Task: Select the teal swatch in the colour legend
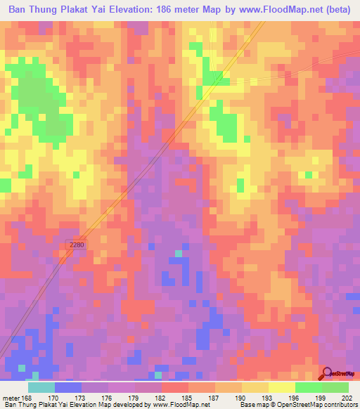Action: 41,387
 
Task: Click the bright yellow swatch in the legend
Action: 282,387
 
